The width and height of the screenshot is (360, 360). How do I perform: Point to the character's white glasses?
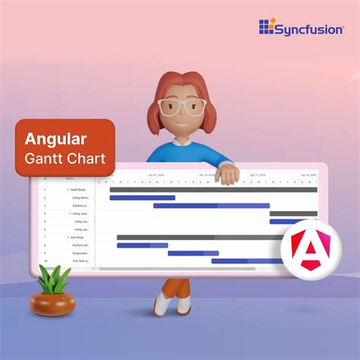[183, 107]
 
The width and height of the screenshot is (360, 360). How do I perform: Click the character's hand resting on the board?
[226, 175]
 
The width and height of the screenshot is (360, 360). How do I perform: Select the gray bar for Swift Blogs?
[213, 189]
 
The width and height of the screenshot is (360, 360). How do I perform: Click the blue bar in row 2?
[142, 197]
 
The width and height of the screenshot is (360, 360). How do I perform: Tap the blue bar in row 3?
[211, 205]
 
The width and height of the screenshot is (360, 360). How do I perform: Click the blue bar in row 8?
[142, 245]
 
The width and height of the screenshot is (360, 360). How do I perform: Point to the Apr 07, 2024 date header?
[156, 175]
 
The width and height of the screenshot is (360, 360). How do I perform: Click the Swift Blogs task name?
[78, 189]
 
